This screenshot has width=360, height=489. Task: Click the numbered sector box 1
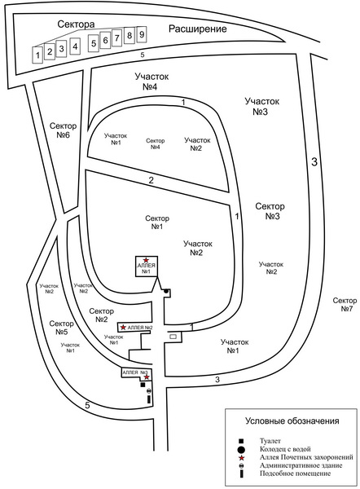point(37,55)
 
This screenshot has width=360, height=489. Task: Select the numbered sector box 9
point(142,34)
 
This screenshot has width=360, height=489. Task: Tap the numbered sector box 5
point(94,43)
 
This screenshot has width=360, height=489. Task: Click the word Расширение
point(198,29)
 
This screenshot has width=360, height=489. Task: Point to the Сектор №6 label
point(64,130)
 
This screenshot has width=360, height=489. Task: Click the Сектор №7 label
point(345,304)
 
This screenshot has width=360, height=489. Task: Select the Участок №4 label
point(151,81)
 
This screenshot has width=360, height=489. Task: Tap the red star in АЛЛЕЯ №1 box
point(146,260)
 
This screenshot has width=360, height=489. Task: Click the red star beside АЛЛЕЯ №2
point(124,327)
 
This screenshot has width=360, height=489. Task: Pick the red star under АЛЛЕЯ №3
point(146,377)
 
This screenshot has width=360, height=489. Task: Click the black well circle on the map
point(166,291)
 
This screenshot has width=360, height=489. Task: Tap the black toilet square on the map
point(143,385)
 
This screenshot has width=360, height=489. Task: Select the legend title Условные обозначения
point(292,421)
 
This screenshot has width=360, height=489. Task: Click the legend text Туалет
point(270,441)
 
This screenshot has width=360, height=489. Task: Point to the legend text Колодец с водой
point(285,449)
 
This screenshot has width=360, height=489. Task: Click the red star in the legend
point(241,458)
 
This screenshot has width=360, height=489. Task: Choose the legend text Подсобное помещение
point(295,474)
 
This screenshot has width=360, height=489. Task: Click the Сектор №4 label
point(156,143)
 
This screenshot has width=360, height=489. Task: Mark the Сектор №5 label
point(61,328)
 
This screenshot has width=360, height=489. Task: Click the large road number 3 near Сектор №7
point(315,162)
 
